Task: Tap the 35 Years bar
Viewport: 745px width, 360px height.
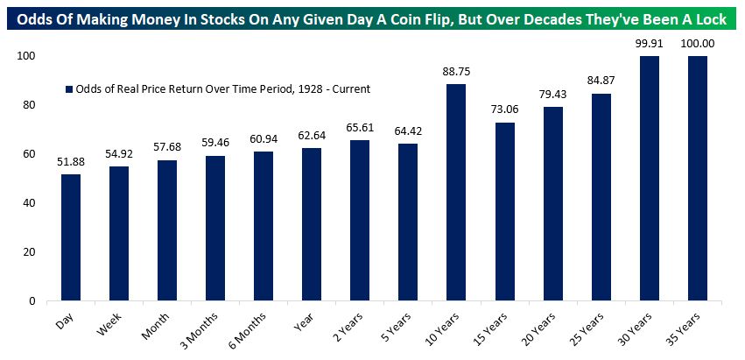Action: click(698, 179)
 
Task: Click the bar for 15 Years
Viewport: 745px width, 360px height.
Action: click(505, 211)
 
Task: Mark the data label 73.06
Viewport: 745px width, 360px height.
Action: click(505, 112)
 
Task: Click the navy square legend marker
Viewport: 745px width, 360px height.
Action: click(68, 89)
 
